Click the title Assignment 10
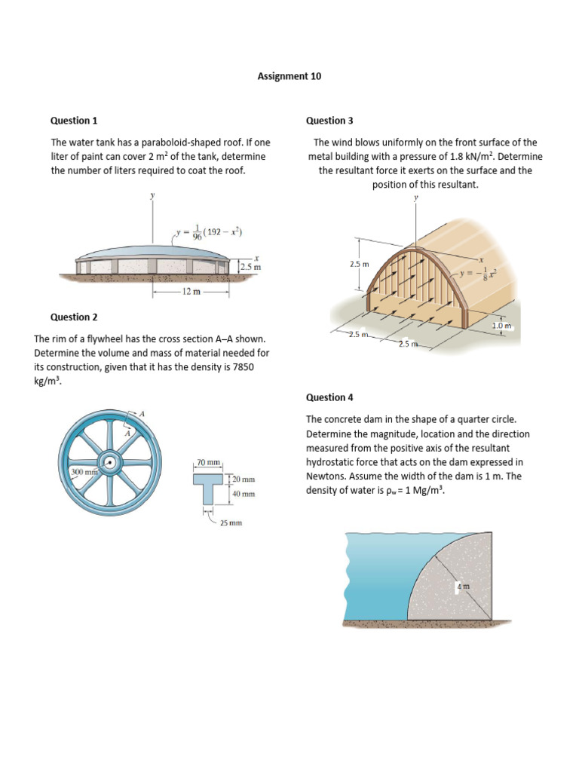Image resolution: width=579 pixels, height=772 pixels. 289,76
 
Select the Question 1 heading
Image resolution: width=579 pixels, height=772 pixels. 74,121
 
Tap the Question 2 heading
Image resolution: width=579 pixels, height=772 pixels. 74,317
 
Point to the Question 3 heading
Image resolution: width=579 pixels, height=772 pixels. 329,121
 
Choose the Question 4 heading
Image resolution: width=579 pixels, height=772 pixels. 329,397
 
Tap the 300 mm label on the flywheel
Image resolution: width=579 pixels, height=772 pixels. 84,472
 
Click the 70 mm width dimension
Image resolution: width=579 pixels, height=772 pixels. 209,461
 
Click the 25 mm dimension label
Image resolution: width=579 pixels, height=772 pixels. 230,522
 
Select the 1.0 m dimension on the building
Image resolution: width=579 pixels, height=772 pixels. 501,325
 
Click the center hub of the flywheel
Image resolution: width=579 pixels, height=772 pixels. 110,463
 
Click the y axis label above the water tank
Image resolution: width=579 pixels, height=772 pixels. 152,195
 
